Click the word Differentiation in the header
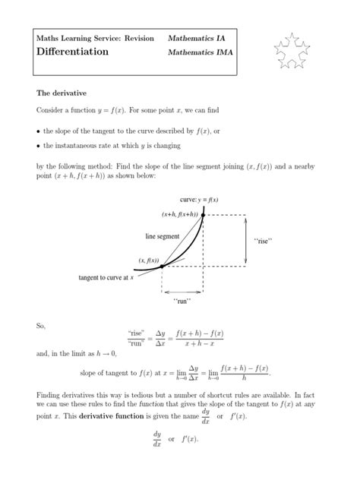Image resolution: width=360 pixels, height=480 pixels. click(x=72, y=52)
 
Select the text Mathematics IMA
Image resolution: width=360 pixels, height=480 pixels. click(x=198, y=52)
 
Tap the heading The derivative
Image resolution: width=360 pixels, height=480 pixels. click(x=62, y=93)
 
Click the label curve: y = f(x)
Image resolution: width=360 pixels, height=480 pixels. click(x=199, y=200)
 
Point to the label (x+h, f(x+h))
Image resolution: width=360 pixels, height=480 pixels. click(x=178, y=214)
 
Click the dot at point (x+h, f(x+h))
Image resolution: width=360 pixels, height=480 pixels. click(x=203, y=215)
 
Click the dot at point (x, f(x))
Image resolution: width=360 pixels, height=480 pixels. click(x=162, y=266)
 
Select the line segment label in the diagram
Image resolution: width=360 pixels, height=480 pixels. click(x=163, y=236)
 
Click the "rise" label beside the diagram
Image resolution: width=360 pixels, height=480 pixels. click(x=262, y=241)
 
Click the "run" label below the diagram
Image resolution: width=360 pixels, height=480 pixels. click(x=182, y=302)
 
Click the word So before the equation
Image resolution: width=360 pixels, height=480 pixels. click(x=41, y=326)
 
